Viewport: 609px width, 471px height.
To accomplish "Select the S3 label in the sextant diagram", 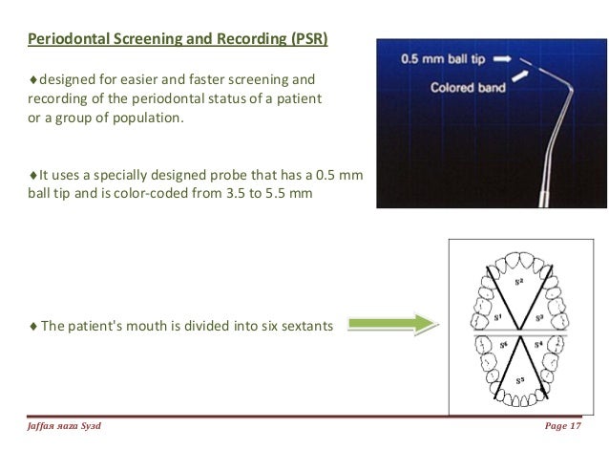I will (x=541, y=316).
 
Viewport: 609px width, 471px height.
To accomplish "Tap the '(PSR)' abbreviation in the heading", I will (x=303, y=40).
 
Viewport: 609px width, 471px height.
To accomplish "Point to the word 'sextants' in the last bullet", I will (x=304, y=325).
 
